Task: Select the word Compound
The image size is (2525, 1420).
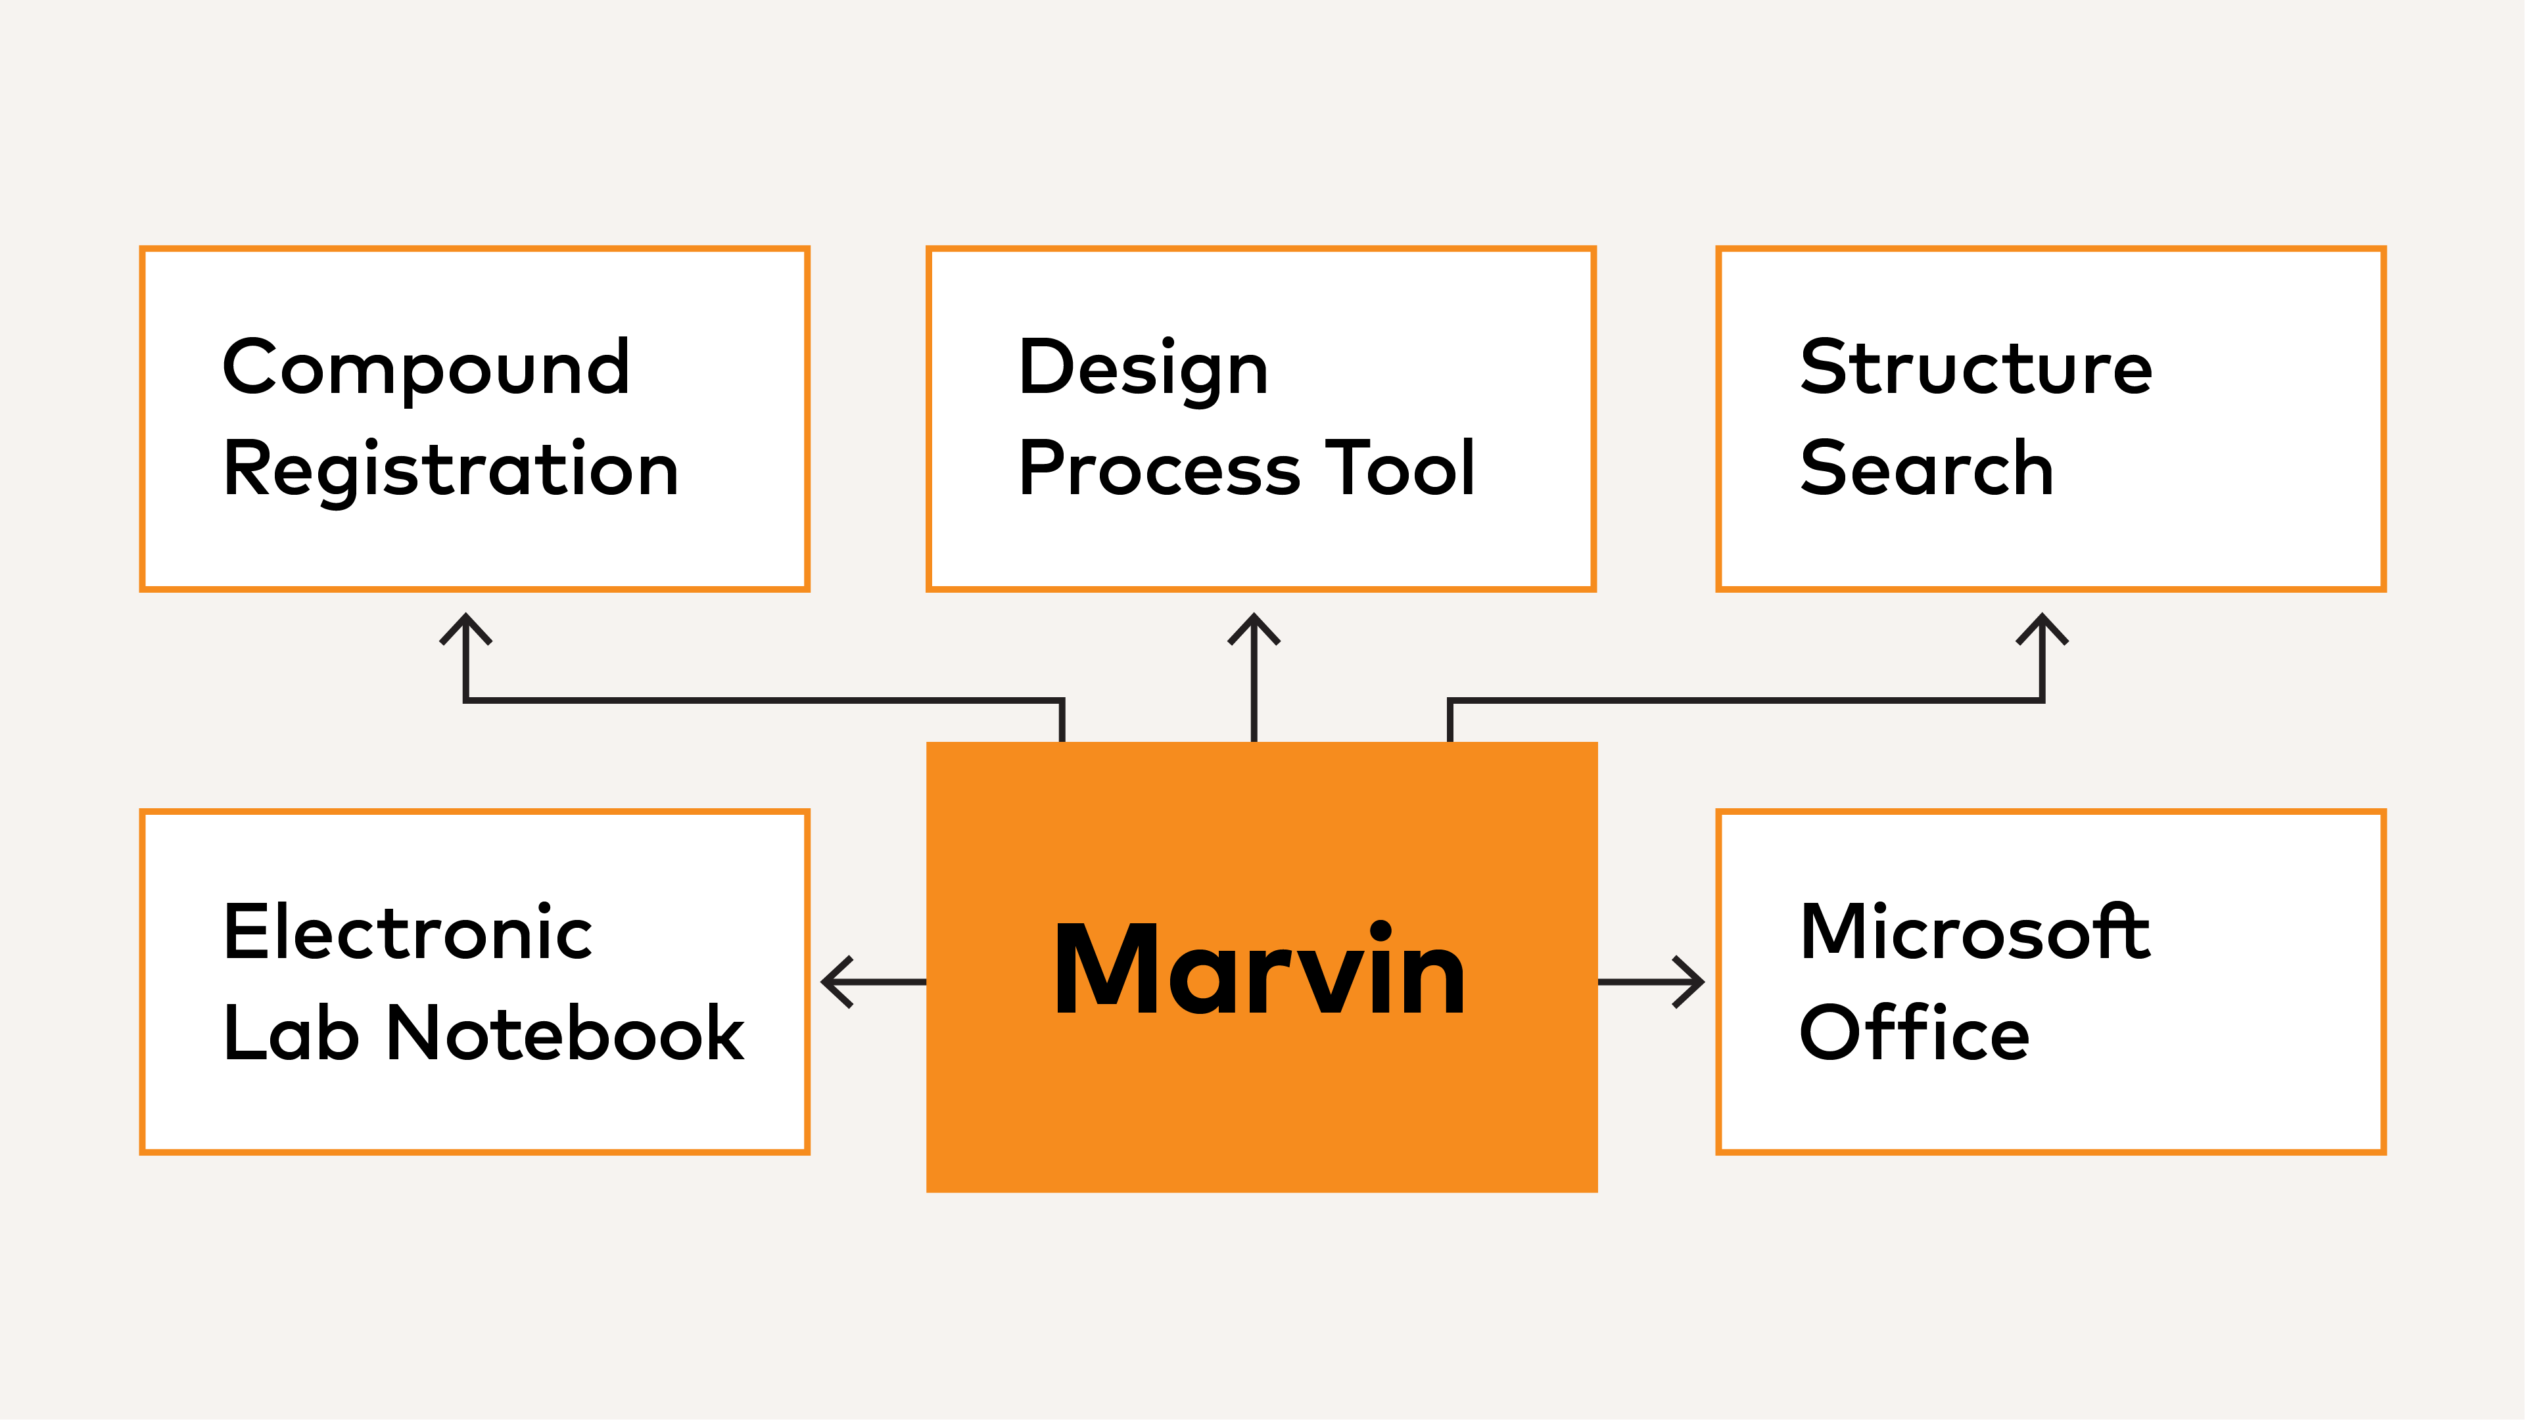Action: pyautogui.click(x=427, y=367)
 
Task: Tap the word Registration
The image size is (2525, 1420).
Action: pyautogui.click(x=451, y=470)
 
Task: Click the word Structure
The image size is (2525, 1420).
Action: pyautogui.click(x=1976, y=367)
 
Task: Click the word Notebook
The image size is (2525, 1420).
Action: pyautogui.click(x=565, y=1033)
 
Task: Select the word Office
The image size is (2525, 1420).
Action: pyautogui.click(x=1914, y=1033)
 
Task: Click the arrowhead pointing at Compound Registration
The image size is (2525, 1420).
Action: pyautogui.click(x=465, y=625)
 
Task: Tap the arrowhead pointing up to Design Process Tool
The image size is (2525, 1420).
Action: pyautogui.click(x=1254, y=625)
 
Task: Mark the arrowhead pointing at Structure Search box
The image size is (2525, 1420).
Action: pyautogui.click(x=2042, y=625)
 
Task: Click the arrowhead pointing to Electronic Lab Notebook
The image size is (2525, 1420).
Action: pyautogui.click(x=833, y=981)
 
